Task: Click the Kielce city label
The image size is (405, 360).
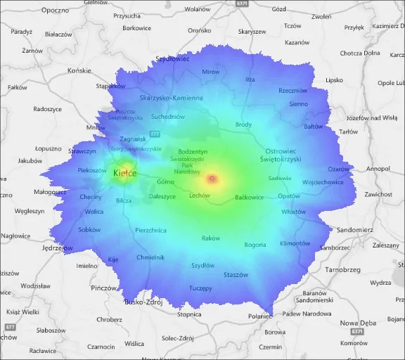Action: coord(124,173)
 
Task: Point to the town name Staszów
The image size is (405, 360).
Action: coord(236,275)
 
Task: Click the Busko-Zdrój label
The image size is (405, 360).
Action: coord(143,302)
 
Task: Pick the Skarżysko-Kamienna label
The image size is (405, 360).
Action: coord(171,98)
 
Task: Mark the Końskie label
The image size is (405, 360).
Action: coord(79,70)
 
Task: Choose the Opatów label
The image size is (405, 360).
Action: coord(288,196)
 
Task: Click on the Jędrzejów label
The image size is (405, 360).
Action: coord(58,248)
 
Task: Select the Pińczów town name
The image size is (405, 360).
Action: coord(103,288)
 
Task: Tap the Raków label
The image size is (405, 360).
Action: coord(210,238)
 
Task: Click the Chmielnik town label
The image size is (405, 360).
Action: coord(150,257)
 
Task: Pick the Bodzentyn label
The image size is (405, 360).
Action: coord(193,152)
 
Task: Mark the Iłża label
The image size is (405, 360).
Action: coord(250,79)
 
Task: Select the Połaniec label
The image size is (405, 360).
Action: coord(259,316)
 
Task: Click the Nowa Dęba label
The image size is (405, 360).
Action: coord(358,323)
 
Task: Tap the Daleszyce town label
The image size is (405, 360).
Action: coord(162,197)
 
